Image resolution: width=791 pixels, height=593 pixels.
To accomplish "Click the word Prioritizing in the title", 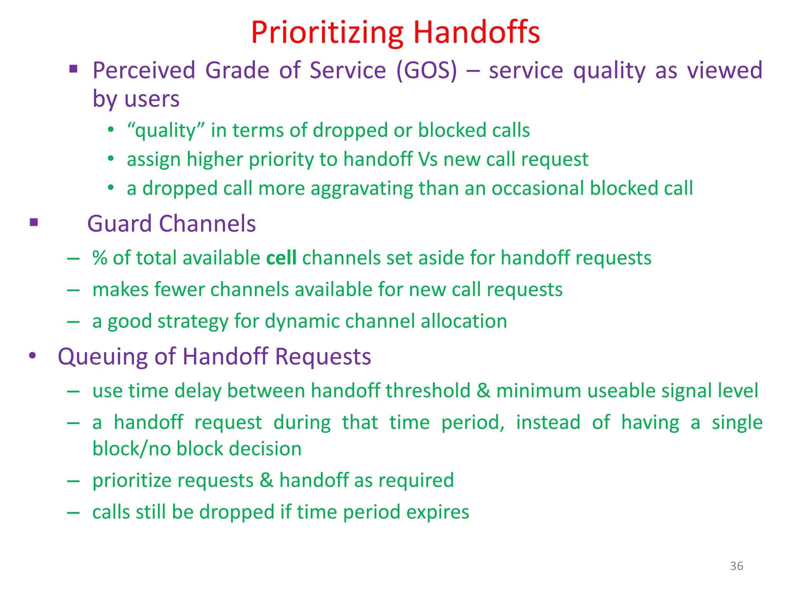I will (x=327, y=32).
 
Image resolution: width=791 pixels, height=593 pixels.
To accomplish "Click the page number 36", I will (x=736, y=566).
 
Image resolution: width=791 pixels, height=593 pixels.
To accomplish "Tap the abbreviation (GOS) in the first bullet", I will (x=426, y=71).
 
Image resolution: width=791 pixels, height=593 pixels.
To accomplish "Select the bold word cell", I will (x=281, y=258).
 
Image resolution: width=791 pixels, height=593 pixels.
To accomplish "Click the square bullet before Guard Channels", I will (x=34, y=222).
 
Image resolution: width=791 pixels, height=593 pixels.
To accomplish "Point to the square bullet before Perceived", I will (x=73, y=69).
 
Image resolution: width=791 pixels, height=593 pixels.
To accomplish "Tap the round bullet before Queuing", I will (x=33, y=355).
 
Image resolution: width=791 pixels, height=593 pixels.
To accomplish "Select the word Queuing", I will (x=102, y=356).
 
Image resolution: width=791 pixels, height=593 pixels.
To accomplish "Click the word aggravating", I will (x=362, y=189).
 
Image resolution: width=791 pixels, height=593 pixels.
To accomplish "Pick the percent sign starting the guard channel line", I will (x=100, y=258).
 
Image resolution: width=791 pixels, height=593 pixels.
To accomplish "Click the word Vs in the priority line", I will (x=428, y=159).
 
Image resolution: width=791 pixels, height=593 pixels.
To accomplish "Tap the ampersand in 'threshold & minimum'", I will (x=483, y=390).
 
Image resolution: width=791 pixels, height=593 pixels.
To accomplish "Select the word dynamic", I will (x=302, y=322).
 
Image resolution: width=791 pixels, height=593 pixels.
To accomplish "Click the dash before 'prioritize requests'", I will (x=73, y=481).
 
